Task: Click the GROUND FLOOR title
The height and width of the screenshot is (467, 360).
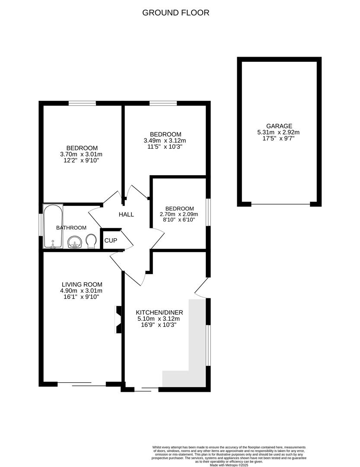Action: [x=176, y=13]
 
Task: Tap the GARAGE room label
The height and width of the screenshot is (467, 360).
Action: [x=279, y=126]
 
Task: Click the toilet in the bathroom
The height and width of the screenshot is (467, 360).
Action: [x=91, y=241]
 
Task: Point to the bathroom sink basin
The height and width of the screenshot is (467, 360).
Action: [x=74, y=242]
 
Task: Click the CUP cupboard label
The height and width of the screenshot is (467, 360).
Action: [x=111, y=240]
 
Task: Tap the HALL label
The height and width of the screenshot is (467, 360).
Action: [x=127, y=214]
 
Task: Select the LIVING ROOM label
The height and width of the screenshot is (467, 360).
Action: [x=82, y=284]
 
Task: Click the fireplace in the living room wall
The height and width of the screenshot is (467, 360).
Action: [x=118, y=320]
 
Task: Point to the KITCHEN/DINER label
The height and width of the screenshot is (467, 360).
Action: [x=159, y=312]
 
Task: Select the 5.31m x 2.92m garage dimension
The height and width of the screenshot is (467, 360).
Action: [x=279, y=132]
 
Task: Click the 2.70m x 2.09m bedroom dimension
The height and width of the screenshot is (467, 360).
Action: [x=179, y=214]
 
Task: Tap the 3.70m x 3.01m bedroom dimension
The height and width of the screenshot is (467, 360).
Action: [x=82, y=154]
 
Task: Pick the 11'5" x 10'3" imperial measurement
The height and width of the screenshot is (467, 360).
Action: [x=166, y=147]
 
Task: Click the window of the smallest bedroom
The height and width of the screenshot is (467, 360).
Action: [x=208, y=212]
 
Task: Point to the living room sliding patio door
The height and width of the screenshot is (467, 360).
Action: [x=82, y=383]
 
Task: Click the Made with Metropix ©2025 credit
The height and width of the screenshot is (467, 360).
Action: [x=229, y=465]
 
